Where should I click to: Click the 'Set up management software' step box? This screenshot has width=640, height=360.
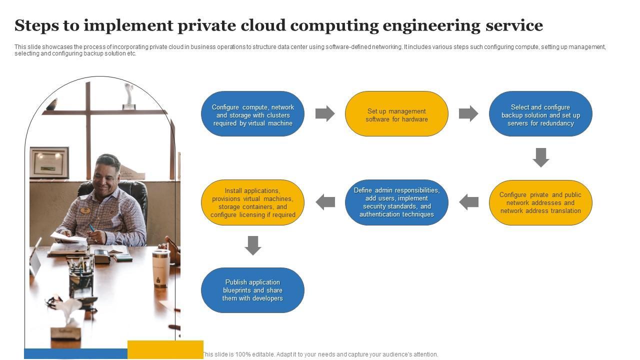[x=396, y=114]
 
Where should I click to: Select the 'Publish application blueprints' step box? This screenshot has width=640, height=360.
[x=252, y=290]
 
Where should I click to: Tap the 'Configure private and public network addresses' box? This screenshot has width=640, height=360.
[x=540, y=202]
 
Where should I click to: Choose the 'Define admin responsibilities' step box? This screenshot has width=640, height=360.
[x=396, y=202]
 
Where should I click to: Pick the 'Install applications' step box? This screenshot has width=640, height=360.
[x=252, y=202]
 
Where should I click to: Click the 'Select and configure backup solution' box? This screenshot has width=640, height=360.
[x=540, y=114]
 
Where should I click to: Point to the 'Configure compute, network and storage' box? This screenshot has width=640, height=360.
[x=252, y=114]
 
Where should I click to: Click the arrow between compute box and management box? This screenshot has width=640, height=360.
[x=325, y=113]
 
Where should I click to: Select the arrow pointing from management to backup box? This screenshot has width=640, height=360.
[x=468, y=113]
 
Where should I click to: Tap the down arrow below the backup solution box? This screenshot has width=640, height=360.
[x=540, y=157]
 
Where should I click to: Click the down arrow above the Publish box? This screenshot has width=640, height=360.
[x=252, y=245]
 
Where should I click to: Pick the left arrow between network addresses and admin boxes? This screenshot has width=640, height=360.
[x=468, y=202]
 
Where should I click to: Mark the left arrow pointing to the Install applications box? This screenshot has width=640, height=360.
[x=325, y=202]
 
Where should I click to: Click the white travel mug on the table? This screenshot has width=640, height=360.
[x=160, y=268]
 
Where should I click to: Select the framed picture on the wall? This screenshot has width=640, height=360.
[x=49, y=162]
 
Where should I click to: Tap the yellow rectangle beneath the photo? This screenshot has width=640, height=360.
[x=165, y=349]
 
